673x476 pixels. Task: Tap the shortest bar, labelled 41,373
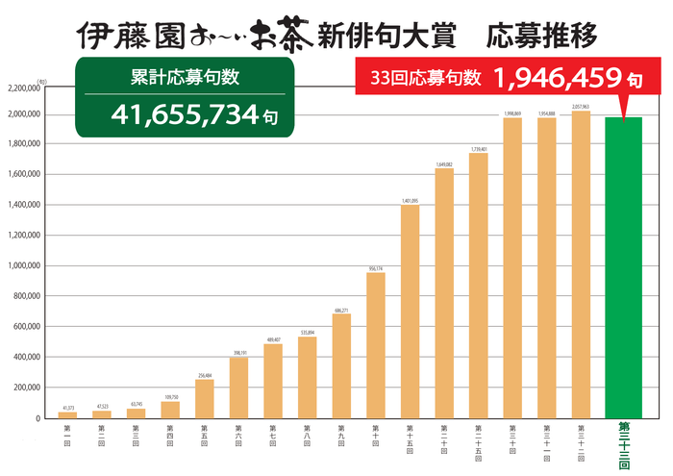66,414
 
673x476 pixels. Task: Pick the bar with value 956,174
375,345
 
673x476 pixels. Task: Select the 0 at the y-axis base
37,418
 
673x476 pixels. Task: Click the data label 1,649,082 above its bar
444,164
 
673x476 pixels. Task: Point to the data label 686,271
341,310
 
